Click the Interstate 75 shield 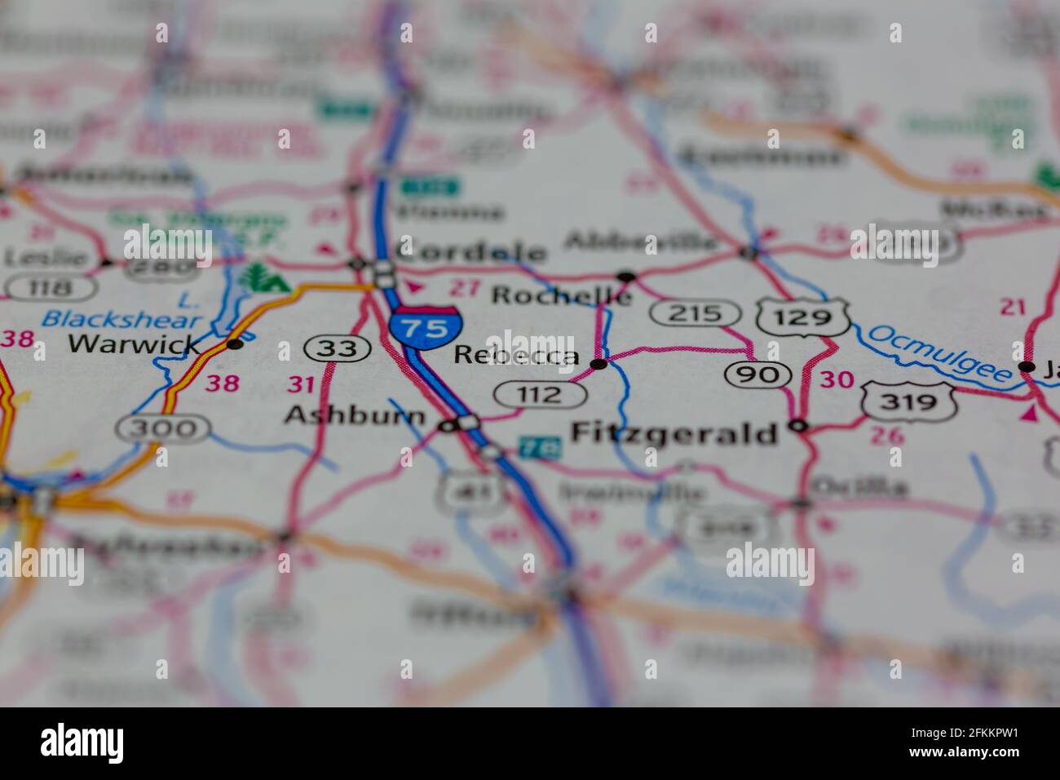pos(424,326)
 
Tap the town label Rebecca pos(516,356)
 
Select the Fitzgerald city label pos(675,432)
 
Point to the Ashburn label pos(355,416)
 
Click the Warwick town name pos(134,343)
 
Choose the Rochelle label pos(561,295)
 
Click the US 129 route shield pos(802,317)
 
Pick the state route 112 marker pos(540,395)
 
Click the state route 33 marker pos(338,348)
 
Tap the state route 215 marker pos(696,312)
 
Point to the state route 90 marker pos(758,374)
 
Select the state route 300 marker pos(163,427)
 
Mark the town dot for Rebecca pos(598,364)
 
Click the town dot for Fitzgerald pos(798,425)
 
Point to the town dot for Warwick pos(235,344)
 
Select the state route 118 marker pos(51,286)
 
